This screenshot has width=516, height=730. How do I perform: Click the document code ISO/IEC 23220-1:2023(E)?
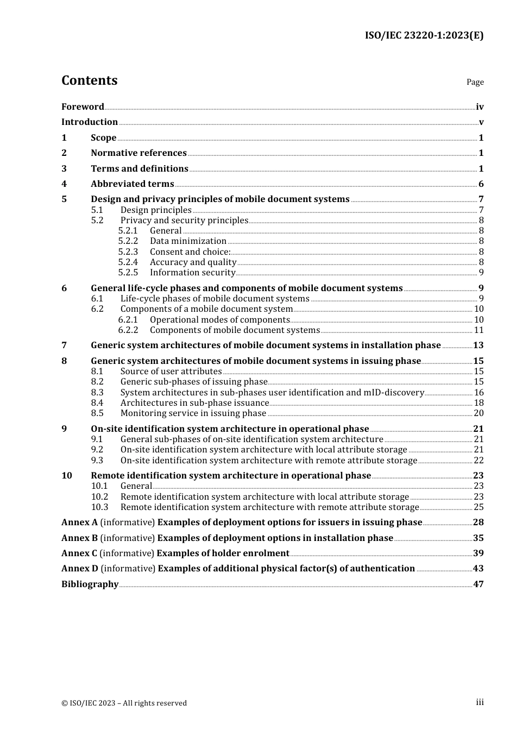click(424, 36)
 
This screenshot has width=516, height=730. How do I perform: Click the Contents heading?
click(89, 80)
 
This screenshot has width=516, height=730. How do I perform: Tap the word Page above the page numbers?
click(475, 82)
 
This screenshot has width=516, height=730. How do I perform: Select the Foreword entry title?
click(83, 107)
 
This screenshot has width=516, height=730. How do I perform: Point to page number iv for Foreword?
click(480, 107)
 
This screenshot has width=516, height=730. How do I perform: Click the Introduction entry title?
click(90, 122)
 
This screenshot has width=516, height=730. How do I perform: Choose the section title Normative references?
click(139, 153)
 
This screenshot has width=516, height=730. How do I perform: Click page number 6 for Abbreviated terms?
click(481, 184)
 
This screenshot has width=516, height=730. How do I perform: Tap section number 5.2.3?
click(128, 252)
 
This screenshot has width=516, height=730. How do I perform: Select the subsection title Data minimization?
click(188, 241)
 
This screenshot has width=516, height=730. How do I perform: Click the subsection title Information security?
click(192, 273)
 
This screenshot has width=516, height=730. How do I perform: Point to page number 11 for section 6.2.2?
click(479, 330)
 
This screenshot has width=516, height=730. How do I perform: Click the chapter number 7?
click(64, 345)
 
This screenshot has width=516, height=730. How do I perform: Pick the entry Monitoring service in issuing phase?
click(193, 413)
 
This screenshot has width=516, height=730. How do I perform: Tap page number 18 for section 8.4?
click(479, 403)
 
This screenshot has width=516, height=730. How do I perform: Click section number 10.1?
click(99, 486)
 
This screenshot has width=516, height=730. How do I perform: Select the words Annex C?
click(79, 553)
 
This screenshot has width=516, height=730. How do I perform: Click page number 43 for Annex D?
click(478, 569)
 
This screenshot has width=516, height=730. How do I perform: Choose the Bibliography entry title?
click(90, 584)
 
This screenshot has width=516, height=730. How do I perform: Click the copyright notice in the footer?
click(124, 703)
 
